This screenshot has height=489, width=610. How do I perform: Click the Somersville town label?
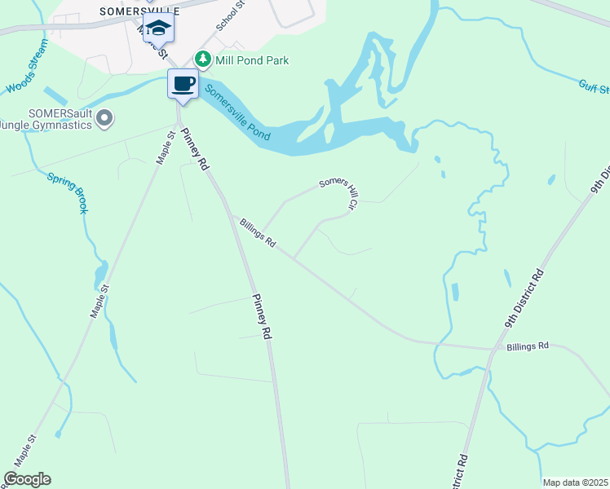139,11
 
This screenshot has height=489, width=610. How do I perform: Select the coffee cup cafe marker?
183,83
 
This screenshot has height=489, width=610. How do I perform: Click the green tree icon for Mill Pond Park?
202,59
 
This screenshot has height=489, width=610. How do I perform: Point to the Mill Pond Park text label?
251,60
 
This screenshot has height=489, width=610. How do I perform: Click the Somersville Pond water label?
237,113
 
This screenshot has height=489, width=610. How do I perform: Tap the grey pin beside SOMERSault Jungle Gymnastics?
104,120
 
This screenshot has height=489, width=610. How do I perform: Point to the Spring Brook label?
67,193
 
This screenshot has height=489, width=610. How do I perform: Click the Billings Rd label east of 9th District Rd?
528,346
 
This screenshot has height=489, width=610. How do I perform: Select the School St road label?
231,16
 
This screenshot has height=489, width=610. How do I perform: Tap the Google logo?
27,479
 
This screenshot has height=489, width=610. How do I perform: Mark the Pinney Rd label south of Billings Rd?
261,315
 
